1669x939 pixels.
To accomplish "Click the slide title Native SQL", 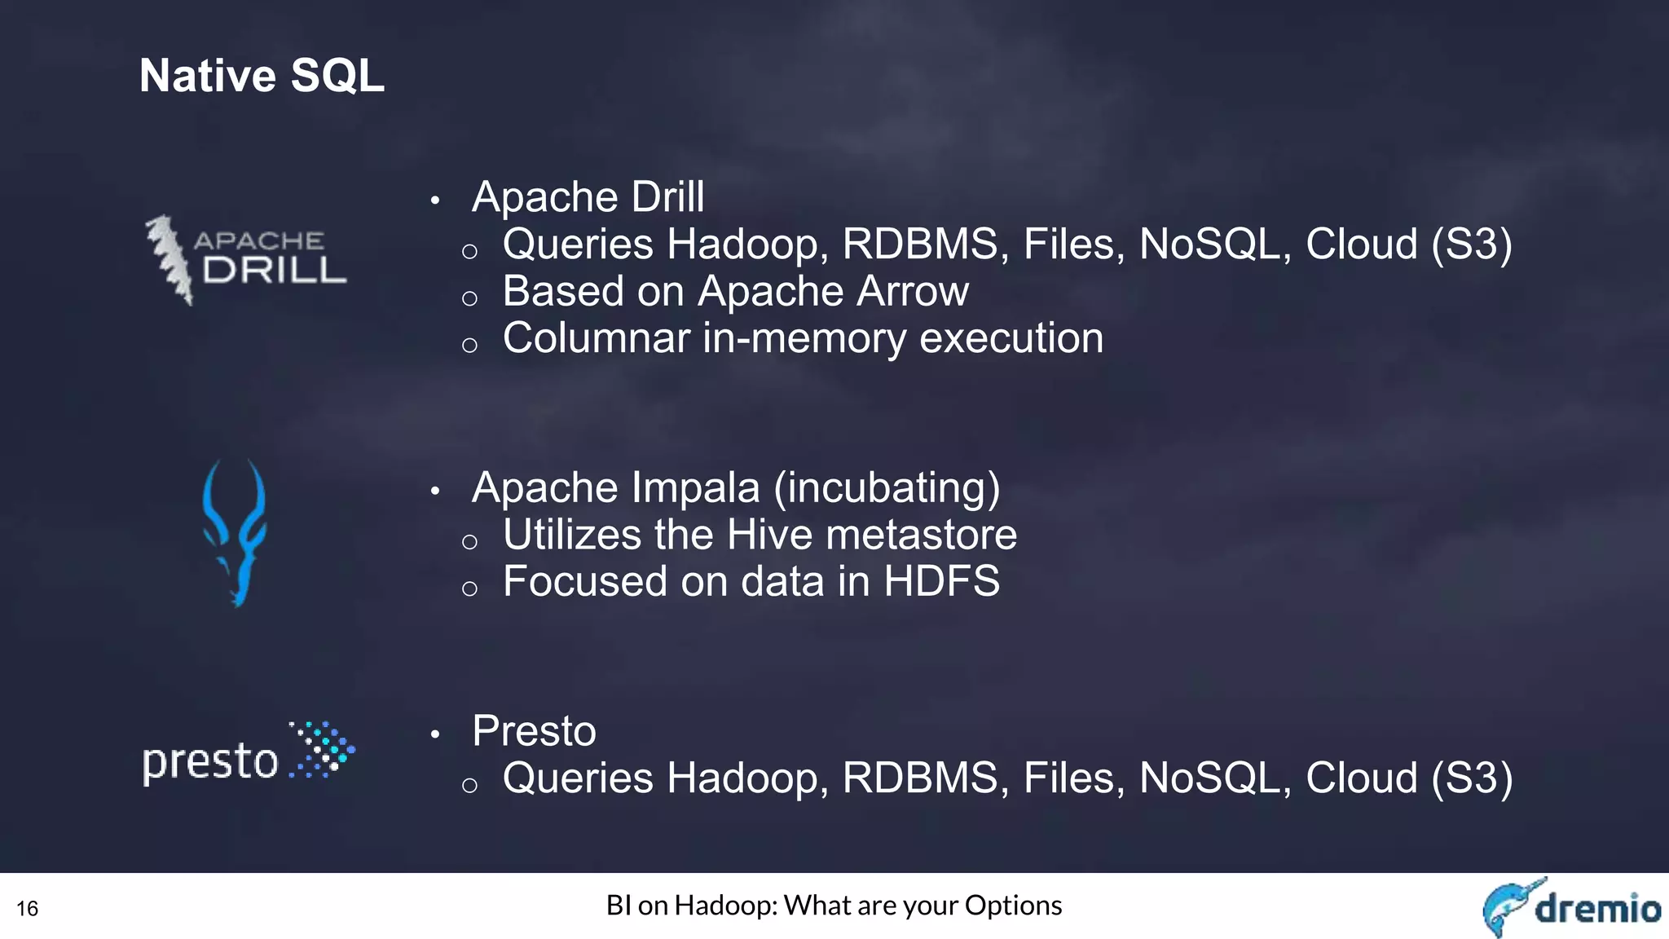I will click(262, 76).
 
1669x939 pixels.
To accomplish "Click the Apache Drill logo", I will click(246, 260).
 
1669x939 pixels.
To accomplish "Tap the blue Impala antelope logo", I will click(235, 532).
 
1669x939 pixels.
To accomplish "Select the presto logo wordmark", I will click(210, 762).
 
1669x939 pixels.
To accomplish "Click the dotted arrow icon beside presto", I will click(324, 749).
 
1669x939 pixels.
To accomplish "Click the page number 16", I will click(27, 909).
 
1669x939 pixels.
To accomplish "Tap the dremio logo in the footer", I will click(1571, 906).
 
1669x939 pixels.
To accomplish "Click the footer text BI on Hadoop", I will click(834, 906).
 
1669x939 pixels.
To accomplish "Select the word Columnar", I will click(596, 339).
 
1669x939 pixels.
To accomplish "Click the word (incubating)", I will click(887, 488).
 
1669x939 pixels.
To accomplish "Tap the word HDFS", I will click(941, 582).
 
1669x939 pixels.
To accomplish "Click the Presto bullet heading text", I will click(534, 731).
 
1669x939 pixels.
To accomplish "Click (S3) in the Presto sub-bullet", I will click(1472, 778).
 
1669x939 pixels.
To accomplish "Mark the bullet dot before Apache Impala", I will click(435, 492).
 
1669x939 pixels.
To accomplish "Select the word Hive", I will click(769, 536).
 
